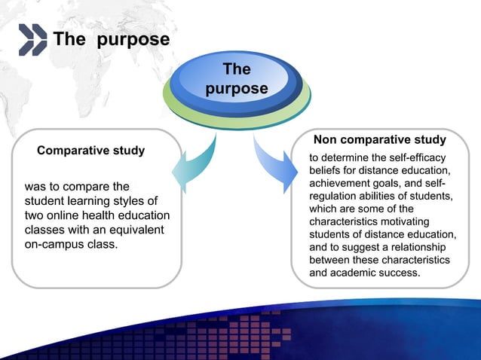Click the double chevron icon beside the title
(x=32, y=40)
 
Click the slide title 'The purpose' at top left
(x=110, y=40)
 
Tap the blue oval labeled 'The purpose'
(x=237, y=80)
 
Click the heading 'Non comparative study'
(x=379, y=140)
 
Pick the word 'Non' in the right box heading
(x=325, y=140)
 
